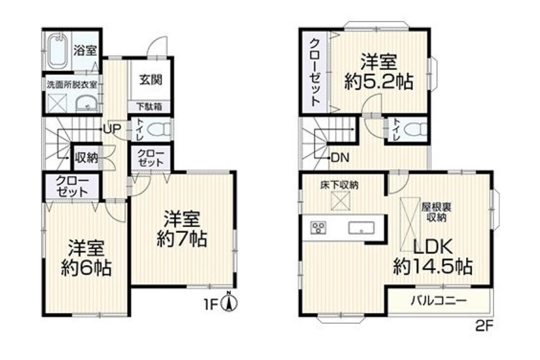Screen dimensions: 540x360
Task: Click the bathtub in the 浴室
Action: tap(57, 51)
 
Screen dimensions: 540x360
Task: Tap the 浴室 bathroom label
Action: tap(85, 50)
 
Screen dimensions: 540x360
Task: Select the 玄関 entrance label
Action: tap(151, 80)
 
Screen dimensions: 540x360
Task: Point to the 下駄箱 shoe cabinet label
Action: tap(149, 106)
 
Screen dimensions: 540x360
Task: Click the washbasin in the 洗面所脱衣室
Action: tap(86, 103)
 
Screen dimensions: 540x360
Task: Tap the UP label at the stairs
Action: tap(112, 129)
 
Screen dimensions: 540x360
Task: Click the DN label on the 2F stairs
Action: tap(340, 158)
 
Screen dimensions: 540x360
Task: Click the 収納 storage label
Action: tap(86, 158)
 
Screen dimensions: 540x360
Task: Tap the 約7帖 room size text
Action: tap(182, 239)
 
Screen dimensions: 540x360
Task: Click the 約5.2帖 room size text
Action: tap(379, 82)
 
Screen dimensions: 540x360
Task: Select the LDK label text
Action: tap(433, 247)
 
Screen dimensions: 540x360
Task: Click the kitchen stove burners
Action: tap(318, 228)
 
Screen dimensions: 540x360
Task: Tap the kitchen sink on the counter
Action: tap(361, 228)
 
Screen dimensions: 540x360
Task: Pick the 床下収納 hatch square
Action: tap(340, 201)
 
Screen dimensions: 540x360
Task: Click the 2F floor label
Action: tap(484, 326)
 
